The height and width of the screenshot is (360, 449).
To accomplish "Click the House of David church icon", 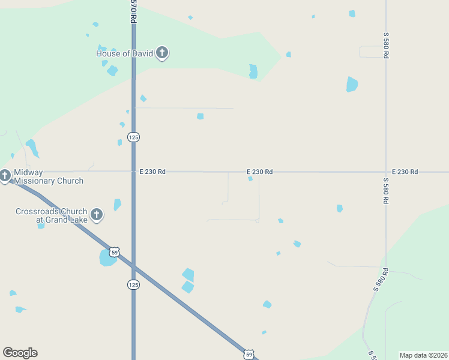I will [x=161, y=53].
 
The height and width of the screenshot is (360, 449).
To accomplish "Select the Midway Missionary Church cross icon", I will [x=5, y=176].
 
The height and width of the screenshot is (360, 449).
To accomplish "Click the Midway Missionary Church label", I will [x=48, y=176].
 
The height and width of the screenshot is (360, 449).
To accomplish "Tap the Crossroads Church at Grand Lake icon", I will [x=97, y=215].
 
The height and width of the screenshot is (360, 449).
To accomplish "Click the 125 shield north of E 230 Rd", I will [x=133, y=137].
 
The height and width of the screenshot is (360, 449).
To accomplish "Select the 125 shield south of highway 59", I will [x=133, y=284].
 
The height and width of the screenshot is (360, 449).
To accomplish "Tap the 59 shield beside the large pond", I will [x=114, y=253].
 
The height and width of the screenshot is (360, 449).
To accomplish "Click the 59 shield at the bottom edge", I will [x=249, y=355].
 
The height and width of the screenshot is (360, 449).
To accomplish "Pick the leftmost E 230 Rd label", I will [x=152, y=172].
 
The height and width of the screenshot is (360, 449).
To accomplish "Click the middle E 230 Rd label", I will [x=260, y=172].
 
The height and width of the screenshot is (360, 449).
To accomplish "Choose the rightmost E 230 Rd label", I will [x=405, y=172].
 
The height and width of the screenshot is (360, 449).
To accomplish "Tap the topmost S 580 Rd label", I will [x=386, y=44].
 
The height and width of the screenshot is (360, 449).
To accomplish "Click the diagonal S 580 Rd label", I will [x=381, y=280].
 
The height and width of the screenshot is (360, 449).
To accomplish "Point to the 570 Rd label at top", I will [x=133, y=11].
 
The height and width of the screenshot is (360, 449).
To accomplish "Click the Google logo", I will [x=20, y=353].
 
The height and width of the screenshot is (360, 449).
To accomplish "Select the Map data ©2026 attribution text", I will [x=423, y=355].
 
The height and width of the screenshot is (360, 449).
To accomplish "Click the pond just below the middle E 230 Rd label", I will [x=250, y=179].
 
